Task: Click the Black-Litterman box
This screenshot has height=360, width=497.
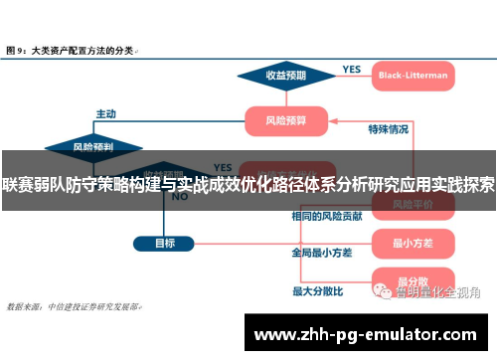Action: pos(413,75)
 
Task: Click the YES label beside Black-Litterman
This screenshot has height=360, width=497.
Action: pos(352,69)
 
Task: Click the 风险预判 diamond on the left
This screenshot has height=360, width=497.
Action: pos(93,146)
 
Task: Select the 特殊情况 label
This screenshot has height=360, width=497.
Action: pos(388,128)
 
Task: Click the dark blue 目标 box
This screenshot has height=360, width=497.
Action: pos(165,242)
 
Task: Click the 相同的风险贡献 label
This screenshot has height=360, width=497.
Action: pos(325,216)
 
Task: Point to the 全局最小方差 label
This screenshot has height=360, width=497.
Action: pos(321,253)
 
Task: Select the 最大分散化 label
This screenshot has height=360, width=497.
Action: pos(317,291)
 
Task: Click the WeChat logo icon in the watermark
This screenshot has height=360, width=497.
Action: pos(381,290)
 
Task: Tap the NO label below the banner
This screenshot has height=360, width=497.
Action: pos(180,197)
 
